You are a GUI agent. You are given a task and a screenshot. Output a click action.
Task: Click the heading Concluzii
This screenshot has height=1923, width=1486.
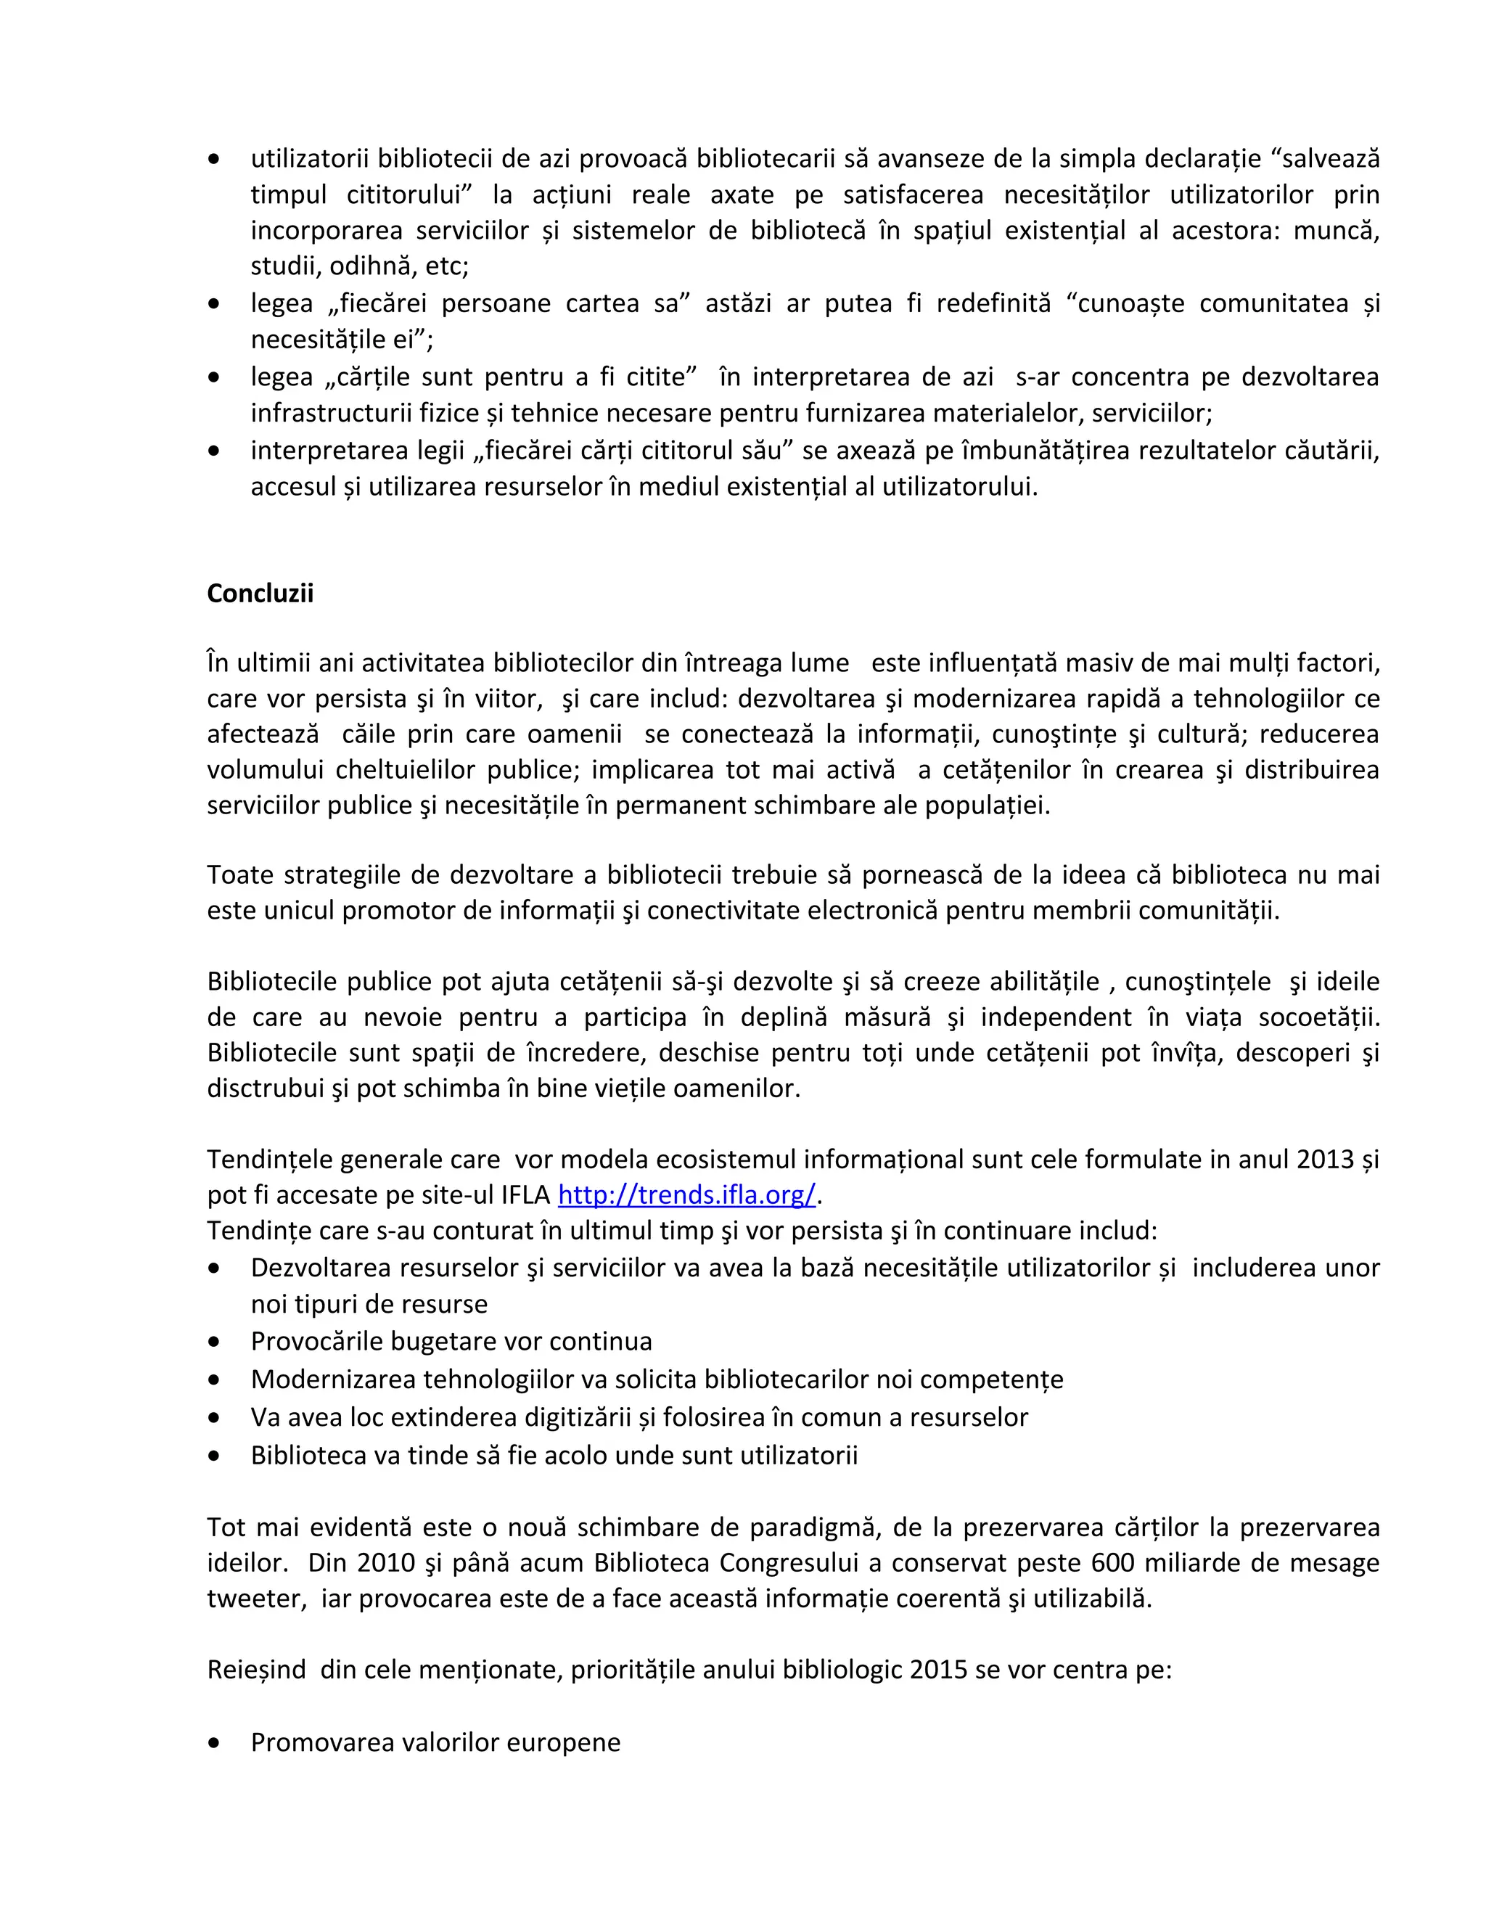[260, 594]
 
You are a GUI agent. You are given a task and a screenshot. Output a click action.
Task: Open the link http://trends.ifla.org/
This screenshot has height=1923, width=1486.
[686, 1195]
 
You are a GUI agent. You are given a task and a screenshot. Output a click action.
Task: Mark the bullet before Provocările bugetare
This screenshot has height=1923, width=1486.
[214, 1342]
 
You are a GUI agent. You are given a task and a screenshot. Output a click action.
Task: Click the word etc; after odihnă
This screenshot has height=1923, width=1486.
[446, 266]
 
